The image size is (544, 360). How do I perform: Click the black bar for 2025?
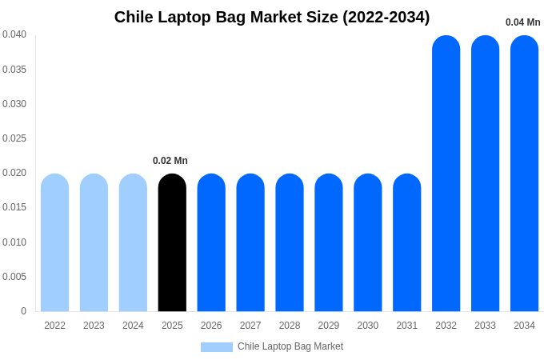172,242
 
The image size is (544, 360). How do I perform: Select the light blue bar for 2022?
54,242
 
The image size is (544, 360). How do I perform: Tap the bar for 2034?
524,173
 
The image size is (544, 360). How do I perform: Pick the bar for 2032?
446,173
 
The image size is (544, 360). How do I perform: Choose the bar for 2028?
290,242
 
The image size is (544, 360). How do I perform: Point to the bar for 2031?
406,242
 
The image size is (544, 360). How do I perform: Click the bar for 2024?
133,242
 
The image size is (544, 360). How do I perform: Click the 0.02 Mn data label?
170,161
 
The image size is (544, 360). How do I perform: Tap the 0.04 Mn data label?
522,22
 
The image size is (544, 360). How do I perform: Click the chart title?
272,17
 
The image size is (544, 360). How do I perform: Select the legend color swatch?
216,347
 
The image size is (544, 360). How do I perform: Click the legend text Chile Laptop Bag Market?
290,346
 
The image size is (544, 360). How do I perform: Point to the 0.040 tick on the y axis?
14,34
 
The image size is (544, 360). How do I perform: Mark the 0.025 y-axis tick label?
14,138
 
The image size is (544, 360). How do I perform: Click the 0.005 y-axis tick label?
14,277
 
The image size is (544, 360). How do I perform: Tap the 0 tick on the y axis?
23,311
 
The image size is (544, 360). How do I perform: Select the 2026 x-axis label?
211,326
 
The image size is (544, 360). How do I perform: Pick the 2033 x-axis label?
485,326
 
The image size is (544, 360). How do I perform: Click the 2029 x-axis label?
329,326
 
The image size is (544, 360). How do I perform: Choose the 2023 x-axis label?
94,326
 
